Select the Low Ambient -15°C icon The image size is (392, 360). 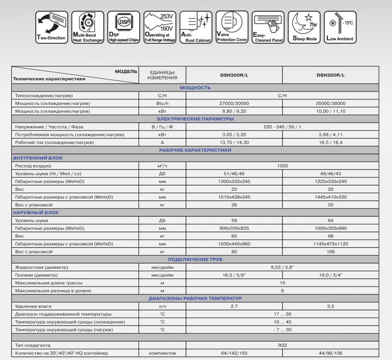point(339,27)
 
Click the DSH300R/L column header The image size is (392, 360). point(234,75)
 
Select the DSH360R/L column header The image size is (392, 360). point(330,75)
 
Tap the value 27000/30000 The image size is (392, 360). point(234,104)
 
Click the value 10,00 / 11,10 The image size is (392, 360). point(330,111)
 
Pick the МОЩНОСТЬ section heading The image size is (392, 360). point(195,88)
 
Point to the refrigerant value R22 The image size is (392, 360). point(282,345)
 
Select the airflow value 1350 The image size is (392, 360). point(282,166)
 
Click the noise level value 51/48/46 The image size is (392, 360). point(234,174)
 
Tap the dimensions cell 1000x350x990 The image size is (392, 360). point(330,228)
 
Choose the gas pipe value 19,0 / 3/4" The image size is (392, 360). point(330,275)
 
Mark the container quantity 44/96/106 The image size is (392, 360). point(330,353)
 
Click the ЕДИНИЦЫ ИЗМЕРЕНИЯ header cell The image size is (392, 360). point(162,75)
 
